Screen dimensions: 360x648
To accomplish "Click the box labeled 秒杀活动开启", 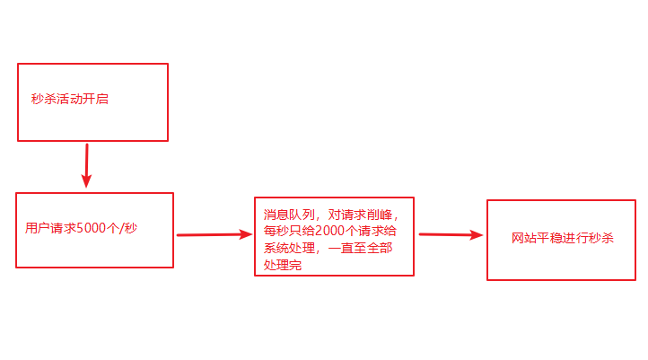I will [x=92, y=101].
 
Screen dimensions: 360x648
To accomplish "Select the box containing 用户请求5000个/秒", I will [x=94, y=230].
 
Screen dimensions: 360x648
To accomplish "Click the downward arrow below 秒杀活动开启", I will [x=86, y=165].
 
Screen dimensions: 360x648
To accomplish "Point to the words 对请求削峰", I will [x=364, y=215].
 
